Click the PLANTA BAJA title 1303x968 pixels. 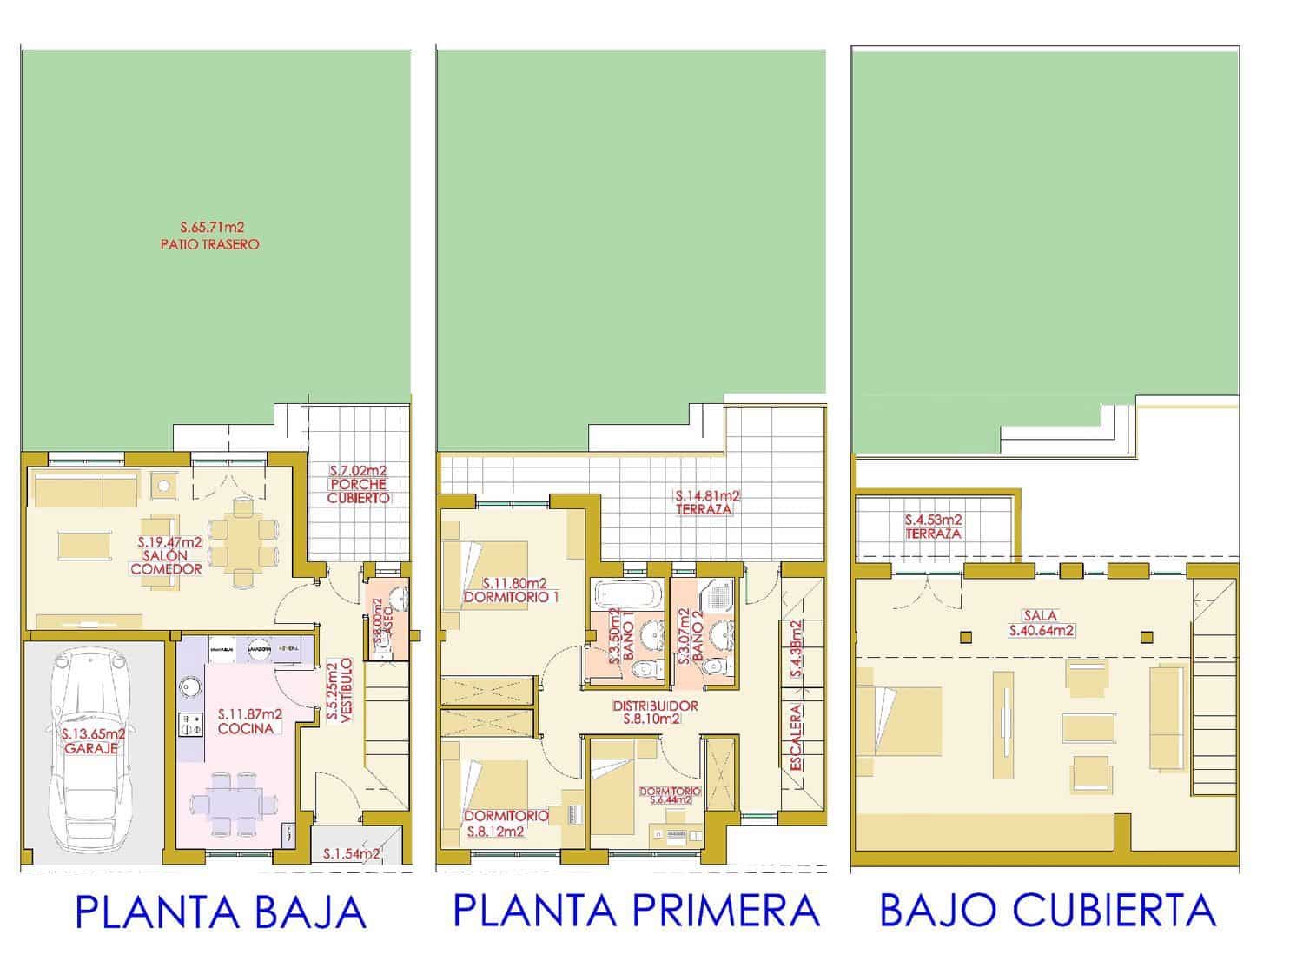pos(221,913)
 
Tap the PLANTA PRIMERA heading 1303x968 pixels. pos(637,911)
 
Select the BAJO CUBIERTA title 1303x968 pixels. pos(1048,911)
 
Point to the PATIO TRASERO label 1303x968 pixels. pos(210,245)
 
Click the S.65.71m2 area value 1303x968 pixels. pos(210,229)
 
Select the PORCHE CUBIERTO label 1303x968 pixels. pos(358,491)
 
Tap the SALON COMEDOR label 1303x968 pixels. pos(166,562)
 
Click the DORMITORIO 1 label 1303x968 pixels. pos(511,597)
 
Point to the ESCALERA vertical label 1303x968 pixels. pos(797,737)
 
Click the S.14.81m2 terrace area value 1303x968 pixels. pos(706,496)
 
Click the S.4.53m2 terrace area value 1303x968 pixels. pos(933,520)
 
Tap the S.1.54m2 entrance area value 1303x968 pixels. pos(351,854)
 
